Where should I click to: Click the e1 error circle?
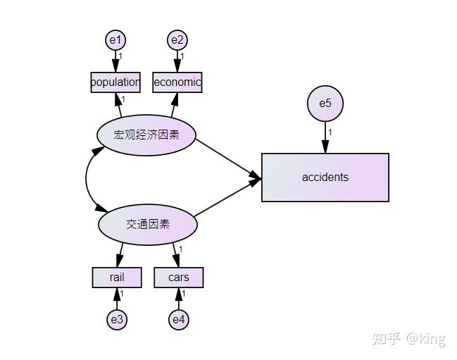coord(115,39)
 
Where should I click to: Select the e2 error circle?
coord(177,39)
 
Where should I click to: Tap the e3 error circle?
coord(117,320)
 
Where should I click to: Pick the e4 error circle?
coord(179,320)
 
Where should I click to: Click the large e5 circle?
coord(325,104)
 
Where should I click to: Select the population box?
coord(115,82)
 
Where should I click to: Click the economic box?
coord(177,82)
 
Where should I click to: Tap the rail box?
coord(117,278)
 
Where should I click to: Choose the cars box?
coord(179,278)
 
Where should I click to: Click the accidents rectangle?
coord(325,178)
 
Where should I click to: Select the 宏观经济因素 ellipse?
coord(146,135)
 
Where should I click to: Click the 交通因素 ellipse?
coord(148,225)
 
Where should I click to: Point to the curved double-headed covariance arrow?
coord(87,180)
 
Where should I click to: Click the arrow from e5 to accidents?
coord(325,137)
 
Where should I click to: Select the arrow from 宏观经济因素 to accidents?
coord(227,156)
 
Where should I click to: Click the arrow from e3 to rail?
coord(117,299)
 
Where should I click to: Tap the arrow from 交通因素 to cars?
coord(176,254)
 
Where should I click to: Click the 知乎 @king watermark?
coord(408,339)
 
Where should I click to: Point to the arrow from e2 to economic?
coord(177,61)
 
